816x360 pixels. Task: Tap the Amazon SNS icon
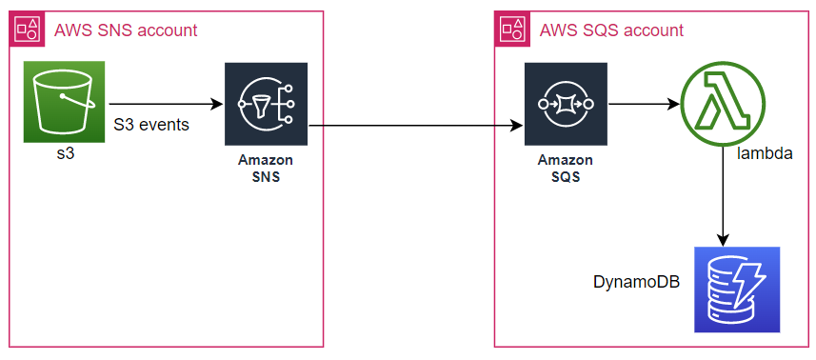coord(266,104)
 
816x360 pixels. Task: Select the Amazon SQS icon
coord(566,104)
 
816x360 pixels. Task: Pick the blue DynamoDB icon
coord(737,290)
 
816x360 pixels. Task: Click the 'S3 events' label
coord(150,125)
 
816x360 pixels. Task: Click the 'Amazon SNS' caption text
coord(266,168)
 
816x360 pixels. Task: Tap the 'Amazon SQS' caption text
coord(566,168)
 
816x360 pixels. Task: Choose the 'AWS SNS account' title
coord(126,30)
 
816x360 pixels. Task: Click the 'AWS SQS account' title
coord(611,30)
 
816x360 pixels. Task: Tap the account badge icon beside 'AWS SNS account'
coord(27,30)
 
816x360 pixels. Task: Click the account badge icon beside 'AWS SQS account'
coord(512,30)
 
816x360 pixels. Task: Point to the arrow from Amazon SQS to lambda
coord(644,104)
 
